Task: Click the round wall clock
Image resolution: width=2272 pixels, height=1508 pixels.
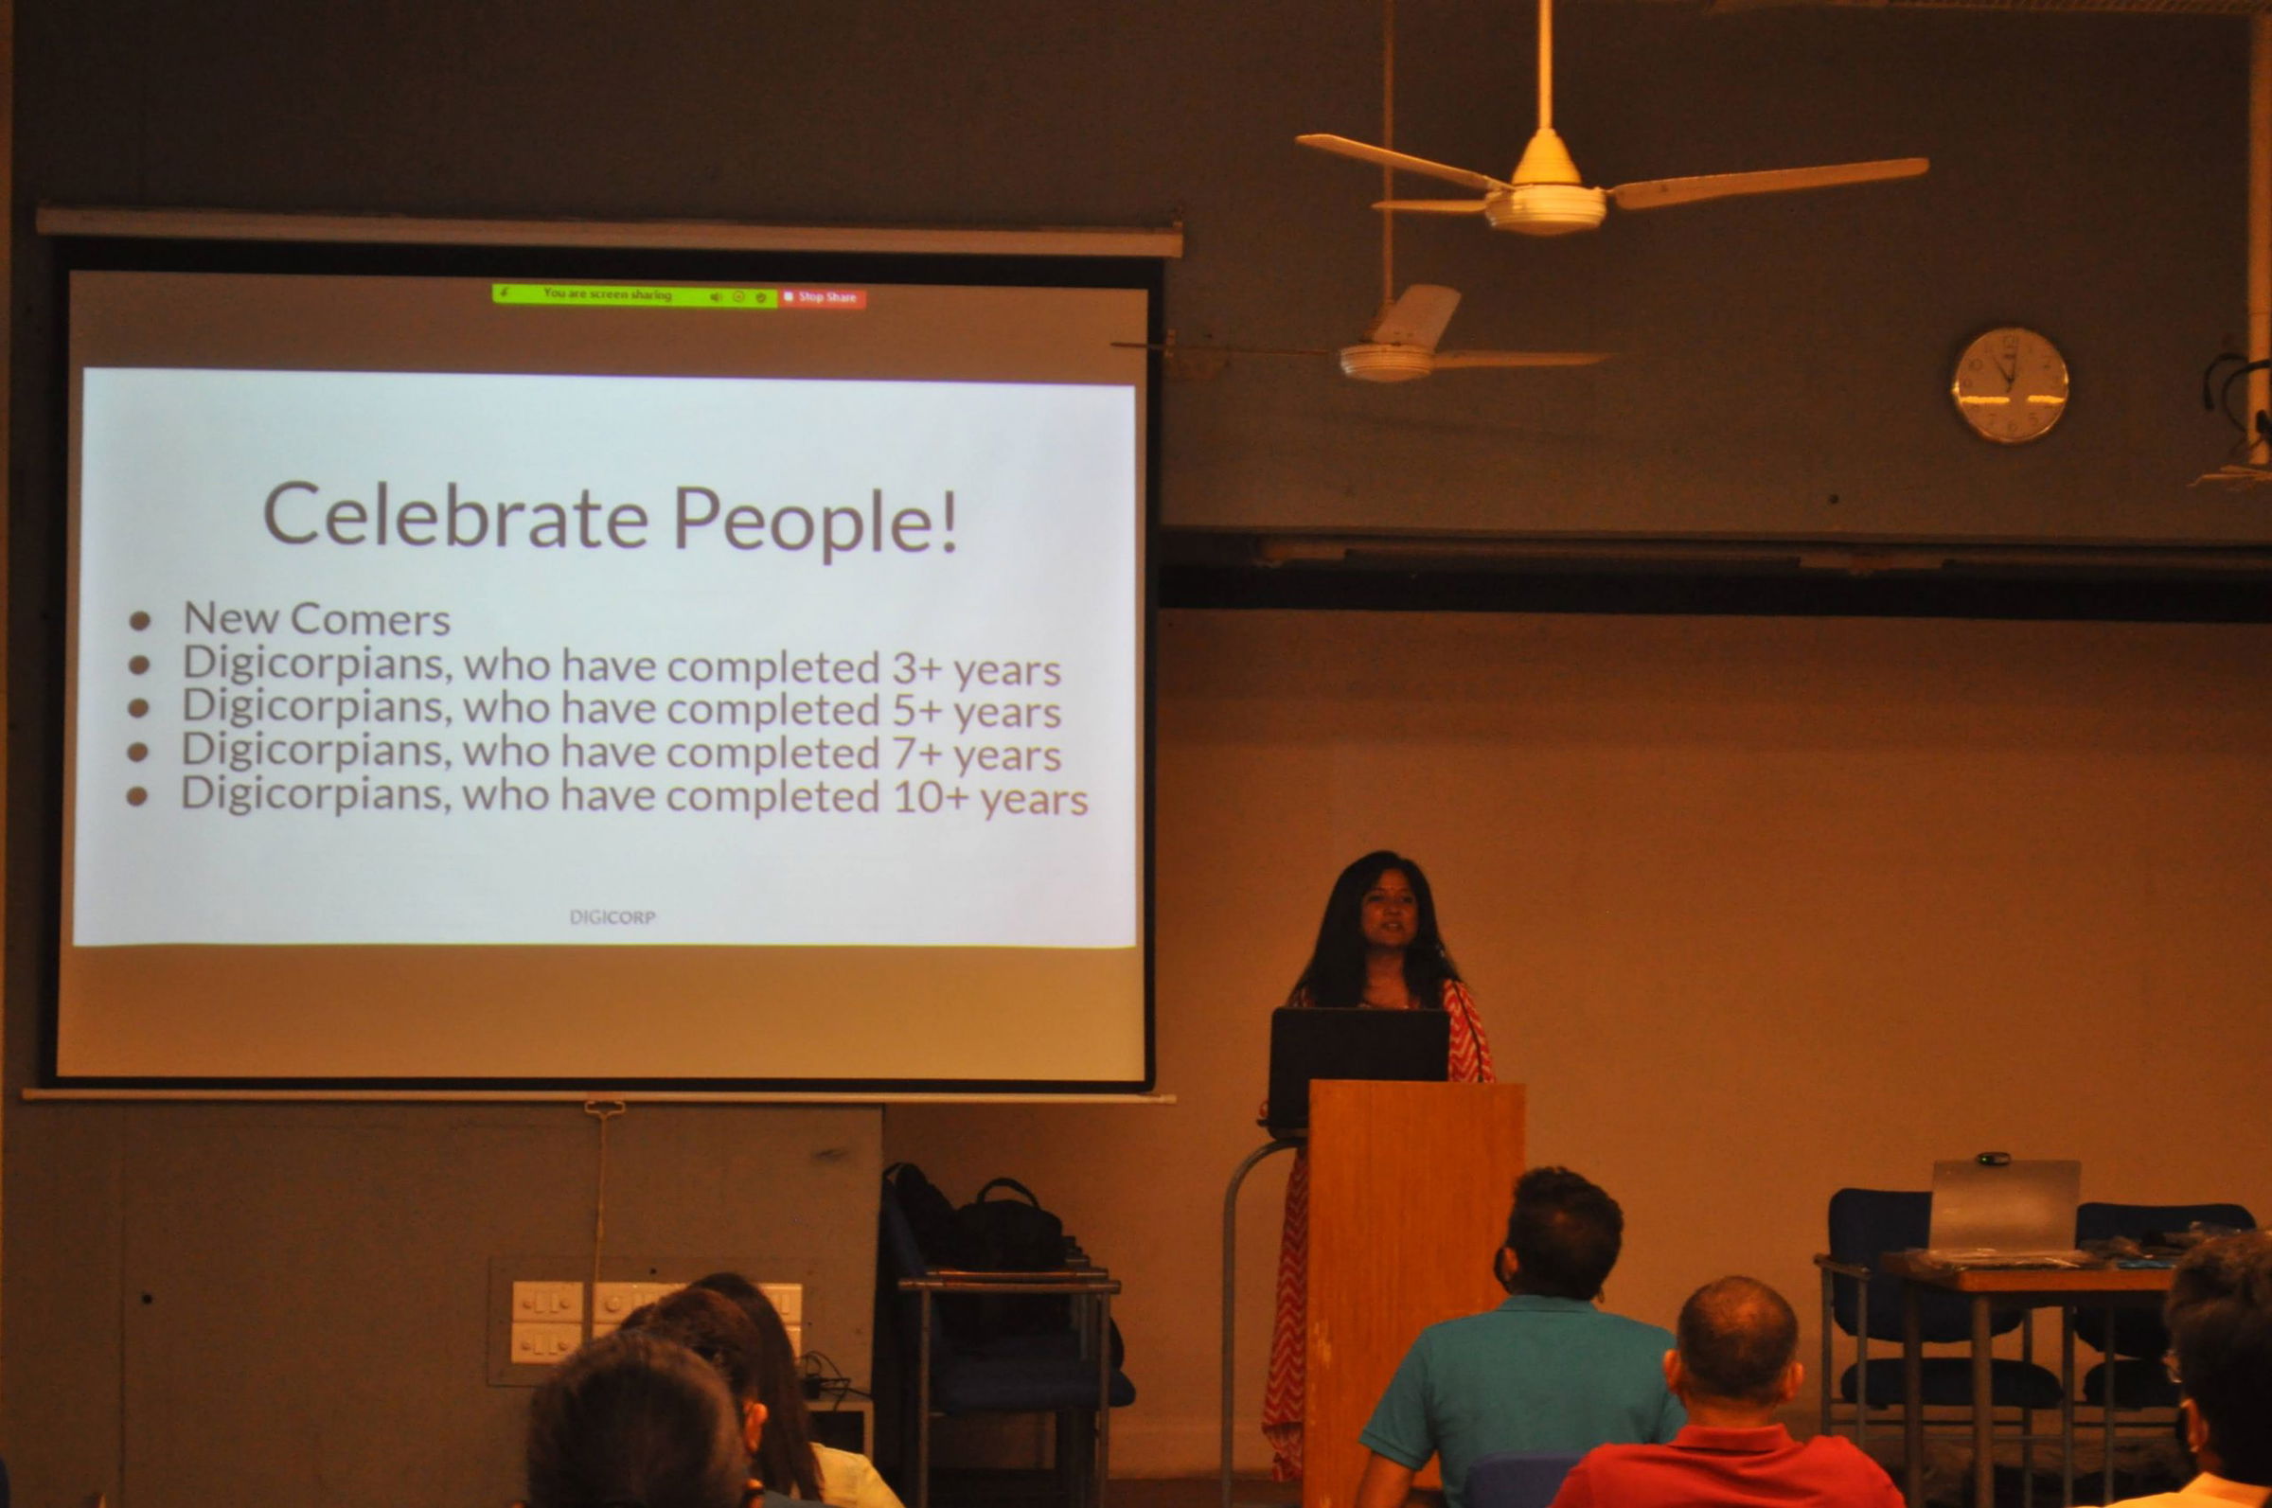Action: pyautogui.click(x=2010, y=384)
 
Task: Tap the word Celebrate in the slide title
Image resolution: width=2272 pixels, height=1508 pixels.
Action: pyautogui.click(x=455, y=517)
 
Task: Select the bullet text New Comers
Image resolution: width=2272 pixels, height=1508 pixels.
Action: pyautogui.click(x=316, y=618)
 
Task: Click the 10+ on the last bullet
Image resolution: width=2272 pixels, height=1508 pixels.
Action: pyautogui.click(x=927, y=797)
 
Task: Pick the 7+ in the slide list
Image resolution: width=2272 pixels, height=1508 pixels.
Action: pyautogui.click(x=914, y=754)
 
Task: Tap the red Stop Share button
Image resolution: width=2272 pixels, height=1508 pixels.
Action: pyautogui.click(x=823, y=298)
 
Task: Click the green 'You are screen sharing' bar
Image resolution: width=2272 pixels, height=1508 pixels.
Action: pyautogui.click(x=634, y=295)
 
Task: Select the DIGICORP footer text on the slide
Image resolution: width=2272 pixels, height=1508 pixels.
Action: pyautogui.click(x=612, y=917)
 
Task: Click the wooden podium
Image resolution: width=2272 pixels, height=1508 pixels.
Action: pyautogui.click(x=1414, y=1288)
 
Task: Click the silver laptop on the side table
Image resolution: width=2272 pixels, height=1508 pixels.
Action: pyautogui.click(x=2005, y=1207)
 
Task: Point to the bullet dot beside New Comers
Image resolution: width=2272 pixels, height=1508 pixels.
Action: pyautogui.click(x=140, y=620)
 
